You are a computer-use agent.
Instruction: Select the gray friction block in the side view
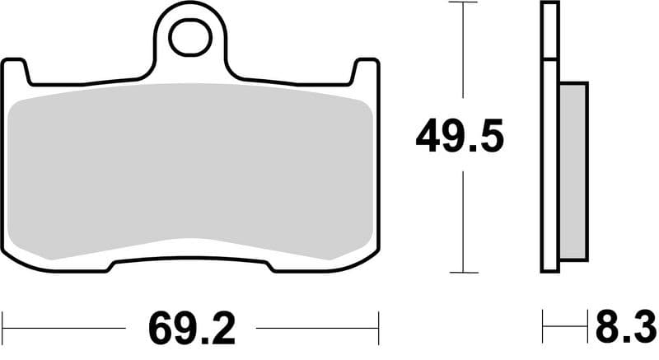coord(574,168)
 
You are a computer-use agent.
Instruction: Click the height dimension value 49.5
coord(459,138)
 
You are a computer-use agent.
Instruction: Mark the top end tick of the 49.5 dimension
coord(465,2)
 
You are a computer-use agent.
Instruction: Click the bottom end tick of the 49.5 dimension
coord(465,273)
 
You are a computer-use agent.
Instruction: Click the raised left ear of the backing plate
coord(16,71)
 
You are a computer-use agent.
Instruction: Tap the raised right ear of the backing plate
coord(367,71)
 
